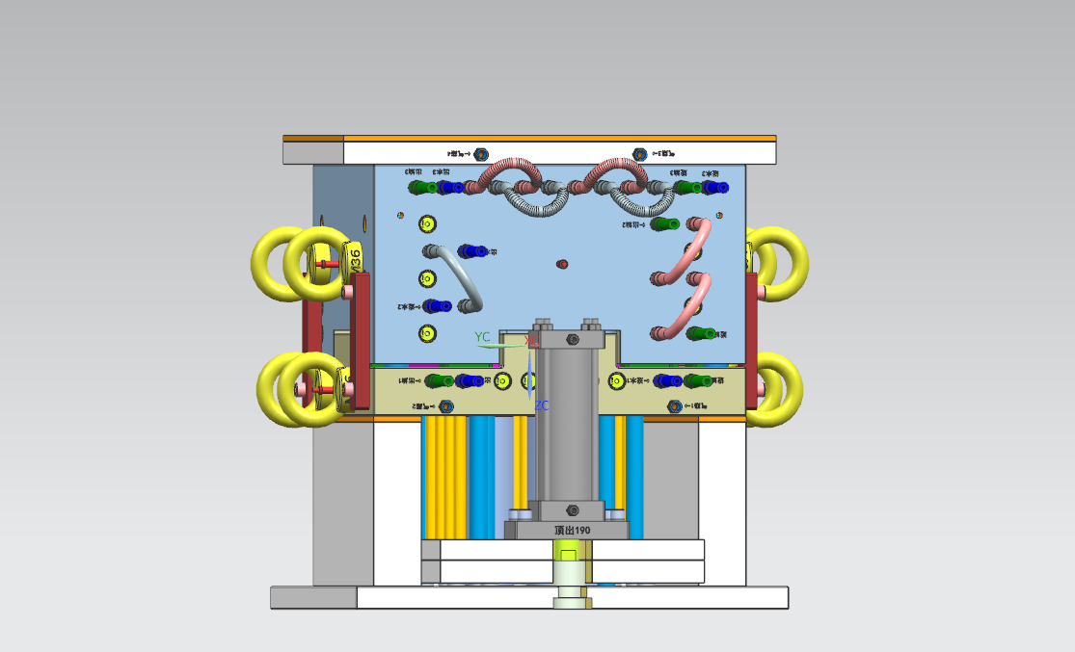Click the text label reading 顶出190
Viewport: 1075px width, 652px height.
point(572,531)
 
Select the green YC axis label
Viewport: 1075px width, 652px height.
point(483,337)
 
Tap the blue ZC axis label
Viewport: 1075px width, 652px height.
point(542,405)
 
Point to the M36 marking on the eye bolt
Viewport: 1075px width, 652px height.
point(355,258)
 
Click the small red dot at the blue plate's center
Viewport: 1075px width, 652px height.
point(563,263)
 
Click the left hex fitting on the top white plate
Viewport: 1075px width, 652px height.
point(482,154)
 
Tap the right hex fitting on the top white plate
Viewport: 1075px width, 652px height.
point(639,154)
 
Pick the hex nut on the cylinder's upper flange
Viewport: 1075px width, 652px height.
point(573,340)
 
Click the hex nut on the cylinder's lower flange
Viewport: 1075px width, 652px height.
point(573,509)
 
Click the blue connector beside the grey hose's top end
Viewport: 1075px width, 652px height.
point(471,251)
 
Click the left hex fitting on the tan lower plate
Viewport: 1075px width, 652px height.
point(445,406)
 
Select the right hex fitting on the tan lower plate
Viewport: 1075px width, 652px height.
point(675,406)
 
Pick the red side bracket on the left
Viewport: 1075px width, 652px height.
point(360,337)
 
